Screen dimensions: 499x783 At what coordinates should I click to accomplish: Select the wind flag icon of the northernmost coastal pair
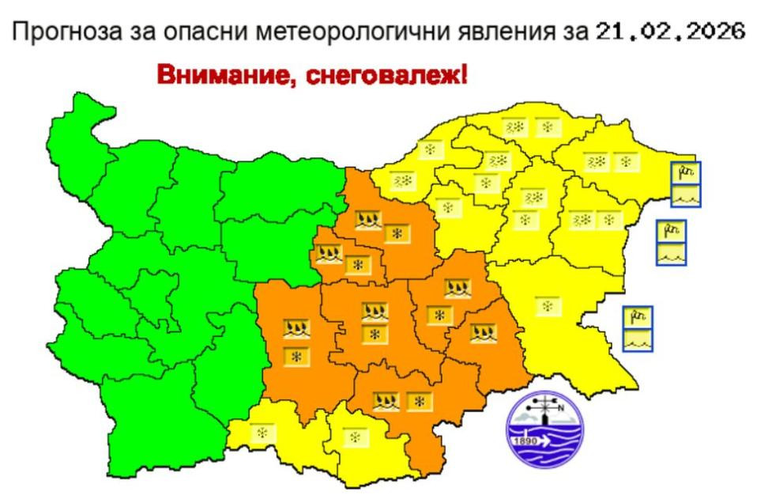click(685, 172)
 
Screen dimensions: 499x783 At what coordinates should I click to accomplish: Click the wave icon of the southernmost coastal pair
click(638, 341)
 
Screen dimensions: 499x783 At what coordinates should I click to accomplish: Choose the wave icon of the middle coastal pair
click(671, 255)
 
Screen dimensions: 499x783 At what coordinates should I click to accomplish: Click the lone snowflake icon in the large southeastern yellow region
click(544, 305)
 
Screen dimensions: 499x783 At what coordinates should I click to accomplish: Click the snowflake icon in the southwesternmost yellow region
click(260, 433)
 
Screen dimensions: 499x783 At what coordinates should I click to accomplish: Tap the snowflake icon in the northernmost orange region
click(397, 233)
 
